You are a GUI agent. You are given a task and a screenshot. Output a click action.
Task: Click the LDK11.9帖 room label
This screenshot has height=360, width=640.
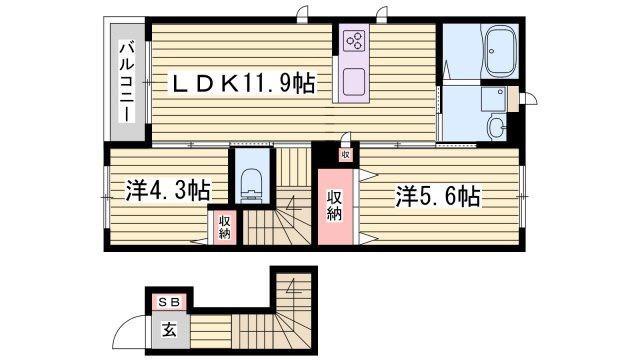coord(241,85)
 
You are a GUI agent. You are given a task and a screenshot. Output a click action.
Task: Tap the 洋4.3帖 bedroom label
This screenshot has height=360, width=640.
coord(168,189)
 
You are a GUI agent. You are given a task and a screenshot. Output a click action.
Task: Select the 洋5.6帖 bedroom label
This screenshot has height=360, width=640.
coord(437,196)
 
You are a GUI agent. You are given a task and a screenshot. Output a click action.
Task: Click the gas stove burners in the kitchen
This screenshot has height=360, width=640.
coord(354,41)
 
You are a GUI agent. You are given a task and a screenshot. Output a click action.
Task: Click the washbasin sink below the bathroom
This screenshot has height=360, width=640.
coord(497,127)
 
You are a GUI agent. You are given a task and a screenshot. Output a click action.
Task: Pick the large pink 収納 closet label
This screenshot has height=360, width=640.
coord(336,205)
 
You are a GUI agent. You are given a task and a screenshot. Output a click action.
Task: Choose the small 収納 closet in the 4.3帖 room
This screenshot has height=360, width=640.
coord(224,227)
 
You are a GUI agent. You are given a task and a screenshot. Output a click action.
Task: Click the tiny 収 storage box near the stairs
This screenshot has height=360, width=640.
coord(345,155)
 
